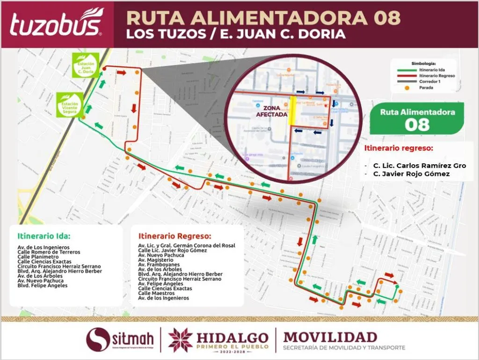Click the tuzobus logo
(56, 23)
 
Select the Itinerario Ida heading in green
(44, 236)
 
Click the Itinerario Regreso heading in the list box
(175, 236)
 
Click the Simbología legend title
(424, 63)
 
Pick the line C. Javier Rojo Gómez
(412, 174)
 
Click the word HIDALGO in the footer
(232, 338)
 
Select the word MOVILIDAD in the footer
(330, 337)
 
